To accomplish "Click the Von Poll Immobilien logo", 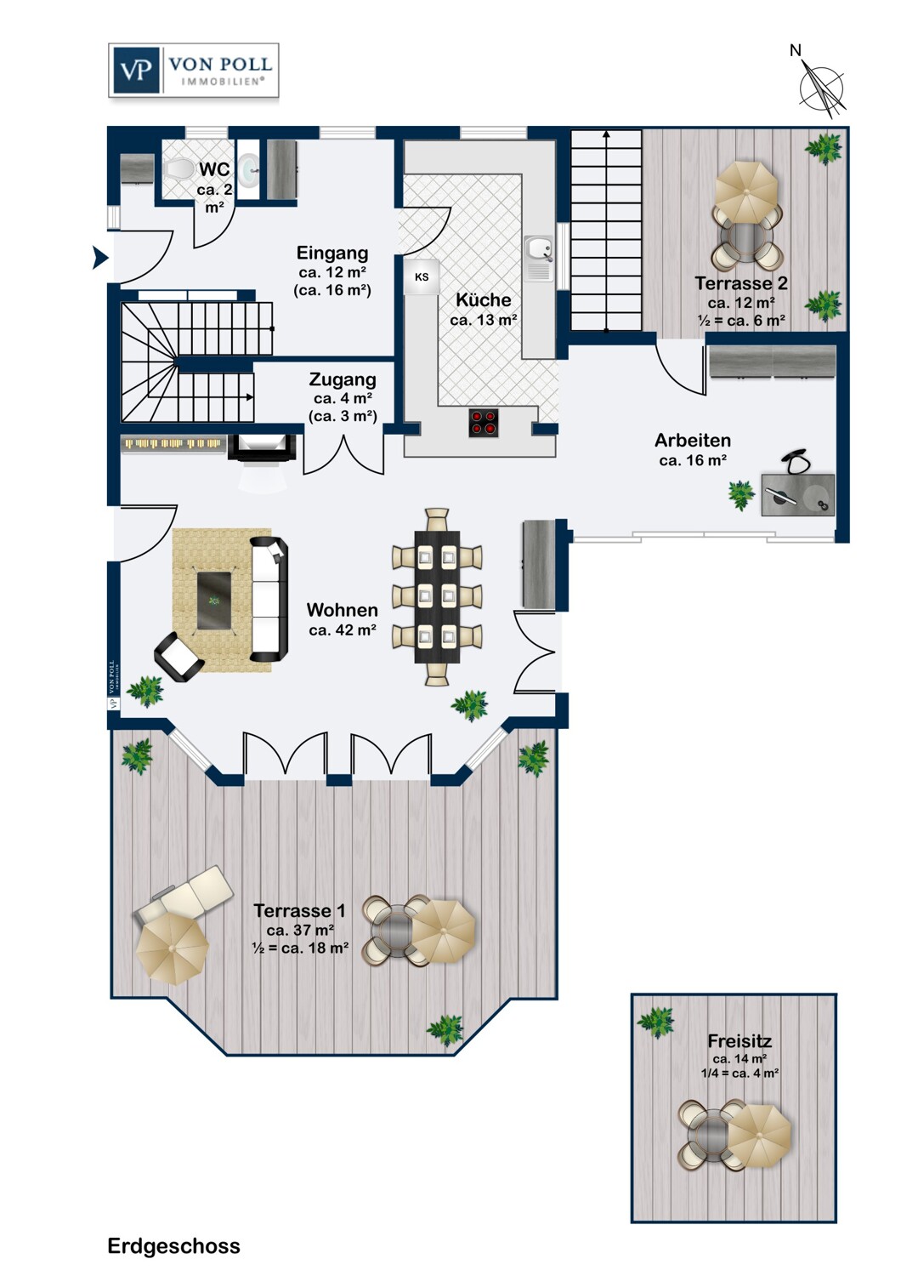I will [x=194, y=71].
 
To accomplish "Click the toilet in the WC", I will [x=178, y=168].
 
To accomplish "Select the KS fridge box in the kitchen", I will [x=422, y=276].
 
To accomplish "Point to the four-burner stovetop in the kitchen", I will [x=484, y=423].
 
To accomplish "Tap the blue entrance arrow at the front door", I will [x=100, y=257].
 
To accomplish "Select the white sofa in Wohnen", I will [x=269, y=599].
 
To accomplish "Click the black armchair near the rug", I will [x=178, y=656].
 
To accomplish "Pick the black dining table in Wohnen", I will [x=437, y=597].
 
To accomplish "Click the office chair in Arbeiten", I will [x=797, y=463].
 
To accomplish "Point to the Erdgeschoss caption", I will [x=173, y=1245].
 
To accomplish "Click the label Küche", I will [x=483, y=299].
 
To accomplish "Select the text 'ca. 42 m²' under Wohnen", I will [x=343, y=630].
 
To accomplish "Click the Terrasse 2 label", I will [x=740, y=283].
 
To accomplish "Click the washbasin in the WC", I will [x=248, y=170].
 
